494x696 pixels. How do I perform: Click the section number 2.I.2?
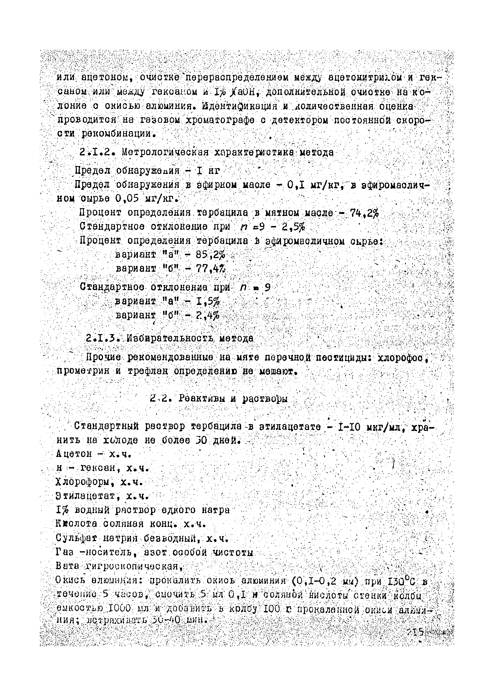click(x=97, y=152)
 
